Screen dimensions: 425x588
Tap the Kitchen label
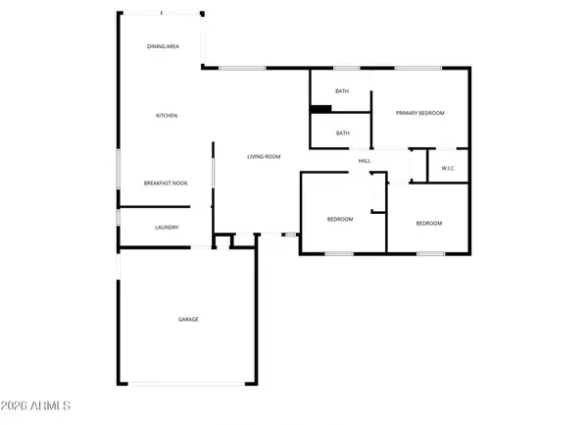point(166,116)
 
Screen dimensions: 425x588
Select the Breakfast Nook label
point(166,184)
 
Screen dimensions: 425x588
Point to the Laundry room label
point(166,228)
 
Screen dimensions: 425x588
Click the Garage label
point(188,319)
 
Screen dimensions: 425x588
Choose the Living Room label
point(264,157)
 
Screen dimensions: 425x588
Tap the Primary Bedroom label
point(419,113)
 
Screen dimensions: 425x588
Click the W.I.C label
point(448,168)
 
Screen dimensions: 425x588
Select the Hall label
point(364,160)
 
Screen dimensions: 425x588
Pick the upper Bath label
point(342,91)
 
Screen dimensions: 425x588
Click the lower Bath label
point(342,133)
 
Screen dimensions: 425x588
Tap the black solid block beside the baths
point(318,109)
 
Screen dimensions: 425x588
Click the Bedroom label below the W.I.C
point(428,223)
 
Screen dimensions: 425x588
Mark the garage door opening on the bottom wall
point(187,383)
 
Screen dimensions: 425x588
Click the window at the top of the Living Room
point(241,68)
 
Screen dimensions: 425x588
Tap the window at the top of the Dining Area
point(160,13)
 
